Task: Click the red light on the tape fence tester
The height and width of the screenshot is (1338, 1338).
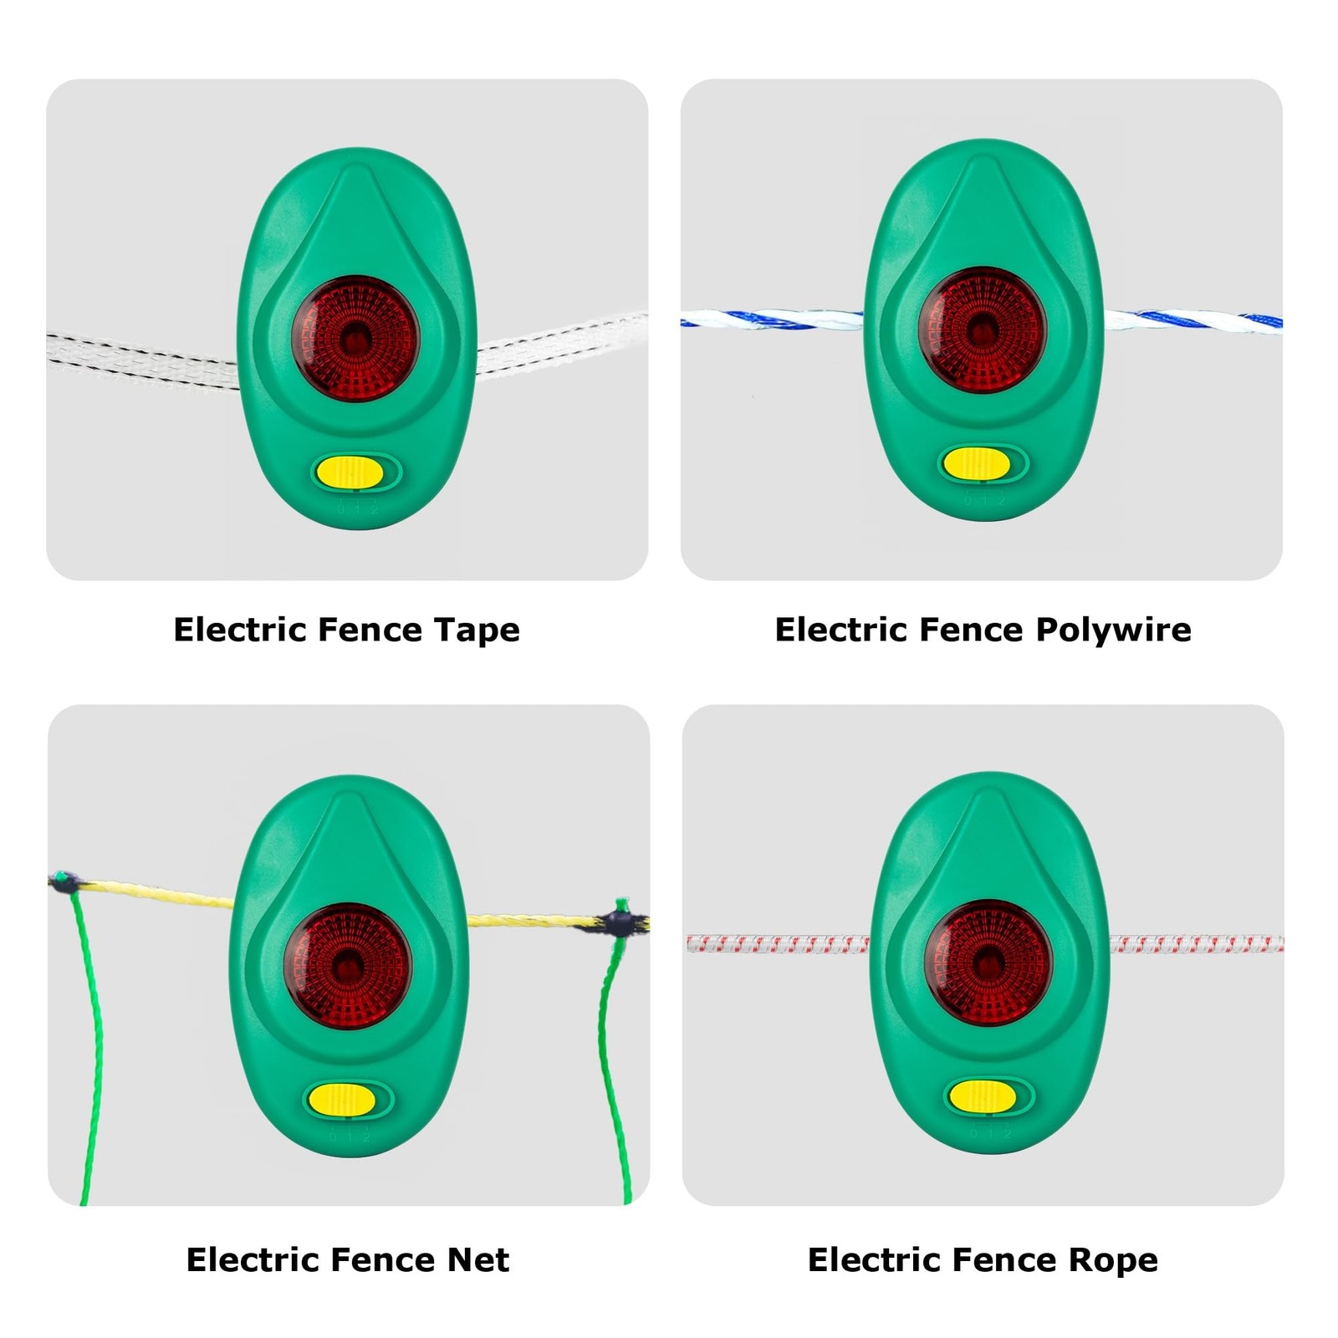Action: click(x=355, y=339)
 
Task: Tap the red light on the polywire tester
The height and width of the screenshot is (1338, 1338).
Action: click(x=983, y=330)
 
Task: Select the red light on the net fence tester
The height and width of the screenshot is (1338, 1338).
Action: click(x=348, y=966)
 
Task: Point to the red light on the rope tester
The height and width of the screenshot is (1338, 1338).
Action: click(x=988, y=963)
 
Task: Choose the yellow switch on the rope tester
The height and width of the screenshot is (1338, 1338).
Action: click(x=983, y=1095)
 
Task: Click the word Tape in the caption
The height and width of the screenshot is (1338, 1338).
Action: click(x=477, y=631)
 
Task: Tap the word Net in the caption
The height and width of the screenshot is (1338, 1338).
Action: click(x=477, y=1259)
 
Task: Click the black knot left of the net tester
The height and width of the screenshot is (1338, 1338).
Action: click(x=64, y=881)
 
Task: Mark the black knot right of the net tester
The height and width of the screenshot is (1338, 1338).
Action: click(x=620, y=923)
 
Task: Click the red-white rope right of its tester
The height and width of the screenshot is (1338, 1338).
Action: click(x=1197, y=944)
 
